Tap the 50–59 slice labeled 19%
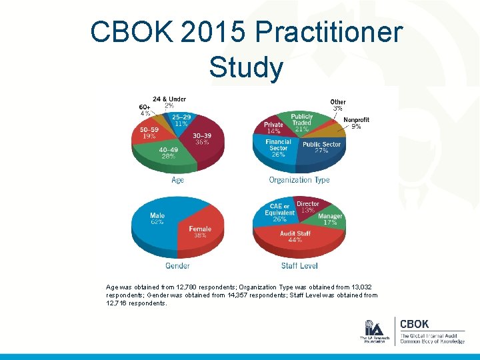click(149, 133)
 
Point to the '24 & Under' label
click(169, 99)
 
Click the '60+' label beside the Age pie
click(145, 107)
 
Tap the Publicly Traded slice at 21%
click(301, 122)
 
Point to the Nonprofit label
click(356, 120)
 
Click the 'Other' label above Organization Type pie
click(338, 103)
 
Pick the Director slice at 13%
click(307, 207)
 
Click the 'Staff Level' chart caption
click(299, 265)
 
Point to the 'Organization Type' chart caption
click(299, 180)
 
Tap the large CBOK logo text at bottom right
click(415, 324)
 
